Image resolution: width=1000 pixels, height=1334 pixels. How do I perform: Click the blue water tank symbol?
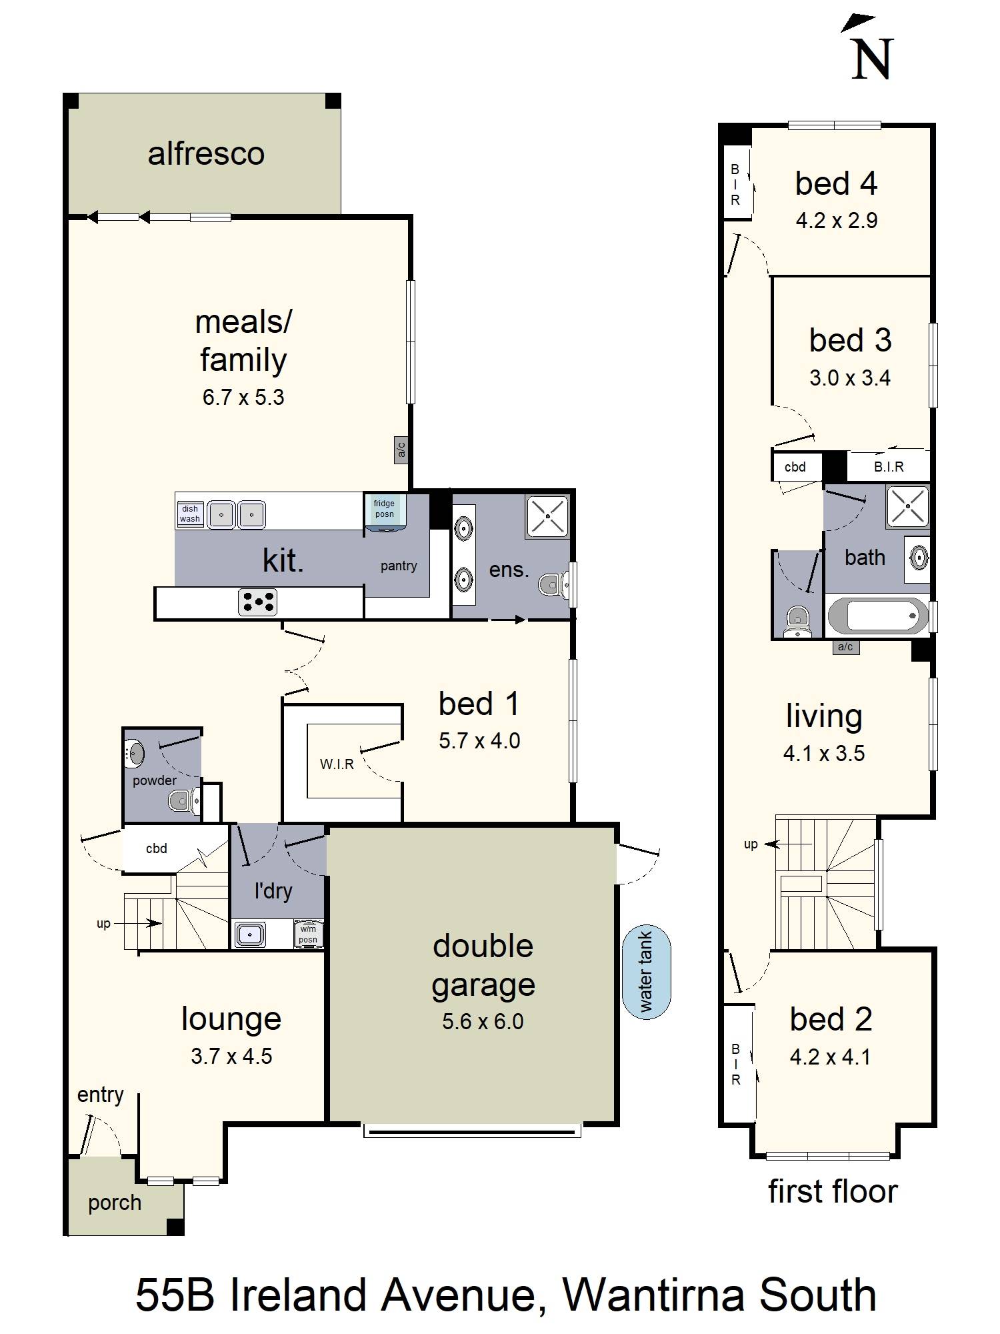pyautogui.click(x=646, y=972)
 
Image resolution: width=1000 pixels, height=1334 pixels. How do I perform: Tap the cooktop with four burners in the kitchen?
pyautogui.click(x=258, y=602)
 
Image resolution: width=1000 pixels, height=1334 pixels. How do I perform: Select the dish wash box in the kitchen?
pyautogui.click(x=189, y=514)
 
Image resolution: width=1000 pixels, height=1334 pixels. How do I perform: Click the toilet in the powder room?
pyautogui.click(x=182, y=800)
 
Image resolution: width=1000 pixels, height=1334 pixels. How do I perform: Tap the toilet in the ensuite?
pyautogui.click(x=553, y=585)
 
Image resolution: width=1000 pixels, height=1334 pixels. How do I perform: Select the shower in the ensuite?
pyautogui.click(x=547, y=516)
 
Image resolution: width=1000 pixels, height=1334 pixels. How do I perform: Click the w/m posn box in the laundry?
pyautogui.click(x=308, y=934)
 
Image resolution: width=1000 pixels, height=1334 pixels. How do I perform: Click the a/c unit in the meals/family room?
pyautogui.click(x=401, y=450)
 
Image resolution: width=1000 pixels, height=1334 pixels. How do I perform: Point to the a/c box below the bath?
pyautogui.click(x=845, y=646)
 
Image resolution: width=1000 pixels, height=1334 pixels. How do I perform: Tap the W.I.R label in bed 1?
pyautogui.click(x=337, y=764)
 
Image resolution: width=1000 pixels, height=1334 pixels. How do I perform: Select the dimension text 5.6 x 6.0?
pyautogui.click(x=483, y=1021)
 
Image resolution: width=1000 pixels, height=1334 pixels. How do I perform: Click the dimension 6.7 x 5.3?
pyautogui.click(x=243, y=398)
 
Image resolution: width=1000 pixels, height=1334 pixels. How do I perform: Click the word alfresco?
pyautogui.click(x=206, y=154)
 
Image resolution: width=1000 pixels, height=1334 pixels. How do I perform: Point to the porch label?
pyautogui.click(x=115, y=1203)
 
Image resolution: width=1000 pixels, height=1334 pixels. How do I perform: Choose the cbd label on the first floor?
pyautogui.click(x=795, y=467)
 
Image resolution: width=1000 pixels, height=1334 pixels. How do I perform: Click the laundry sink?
pyautogui.click(x=250, y=934)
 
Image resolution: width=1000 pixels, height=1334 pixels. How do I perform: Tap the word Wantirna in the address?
pyautogui.click(x=652, y=1295)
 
